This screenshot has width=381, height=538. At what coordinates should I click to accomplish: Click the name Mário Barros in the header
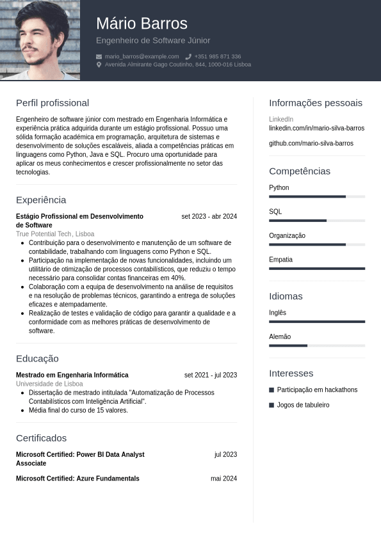coord(142,24)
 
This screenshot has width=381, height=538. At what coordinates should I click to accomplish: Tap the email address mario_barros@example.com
coord(142,56)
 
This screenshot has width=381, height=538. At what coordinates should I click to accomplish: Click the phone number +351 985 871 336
coord(218,56)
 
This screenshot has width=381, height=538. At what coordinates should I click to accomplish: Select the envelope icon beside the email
coord(99,56)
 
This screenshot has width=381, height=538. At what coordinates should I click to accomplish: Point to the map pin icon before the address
coord(99,65)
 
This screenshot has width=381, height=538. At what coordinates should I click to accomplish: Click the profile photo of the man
coord(40,40)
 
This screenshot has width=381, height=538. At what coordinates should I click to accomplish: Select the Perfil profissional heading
coord(53,103)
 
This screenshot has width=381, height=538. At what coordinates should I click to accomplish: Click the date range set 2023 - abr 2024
coord(209,216)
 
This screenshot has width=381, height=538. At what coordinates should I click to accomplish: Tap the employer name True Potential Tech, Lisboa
coord(55,234)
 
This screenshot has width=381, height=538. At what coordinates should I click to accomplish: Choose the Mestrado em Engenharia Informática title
coord(72,375)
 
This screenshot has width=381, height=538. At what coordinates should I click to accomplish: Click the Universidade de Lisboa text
coord(49,384)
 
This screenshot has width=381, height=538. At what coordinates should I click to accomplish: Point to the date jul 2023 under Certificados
coord(225,454)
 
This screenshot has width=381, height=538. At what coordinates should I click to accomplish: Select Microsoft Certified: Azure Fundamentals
coord(77,479)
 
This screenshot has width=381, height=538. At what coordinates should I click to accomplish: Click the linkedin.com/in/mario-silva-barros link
coord(316,128)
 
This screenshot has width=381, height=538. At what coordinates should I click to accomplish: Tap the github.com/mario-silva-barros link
coord(311,143)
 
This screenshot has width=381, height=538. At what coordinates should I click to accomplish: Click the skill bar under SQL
coord(317,221)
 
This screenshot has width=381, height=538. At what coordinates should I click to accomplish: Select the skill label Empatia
coord(280,260)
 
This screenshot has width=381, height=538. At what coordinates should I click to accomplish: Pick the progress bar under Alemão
coord(317,345)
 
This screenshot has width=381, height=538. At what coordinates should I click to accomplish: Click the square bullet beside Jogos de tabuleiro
coord(272,405)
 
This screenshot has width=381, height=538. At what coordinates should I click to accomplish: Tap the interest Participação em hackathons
coord(317,390)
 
